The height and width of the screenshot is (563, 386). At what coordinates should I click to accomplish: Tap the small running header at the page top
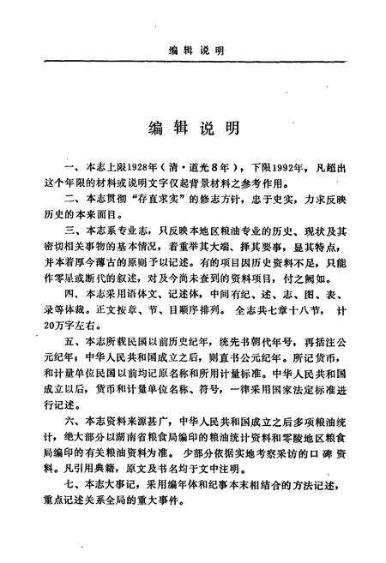193,51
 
